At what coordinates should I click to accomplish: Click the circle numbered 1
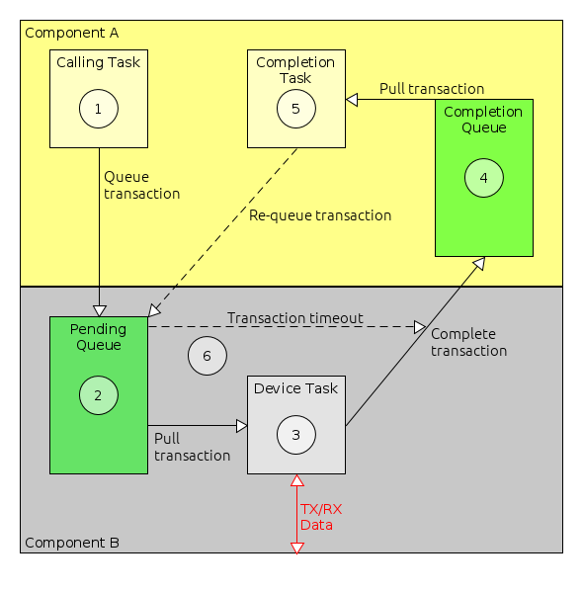pyautogui.click(x=99, y=109)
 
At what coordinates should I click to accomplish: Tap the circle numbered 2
pyautogui.click(x=98, y=395)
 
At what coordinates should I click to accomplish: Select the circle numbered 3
pyautogui.click(x=295, y=434)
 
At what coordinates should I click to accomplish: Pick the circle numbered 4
pyautogui.click(x=483, y=178)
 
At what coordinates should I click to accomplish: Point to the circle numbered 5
pyautogui.click(x=295, y=109)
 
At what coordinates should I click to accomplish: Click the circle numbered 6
pyautogui.click(x=207, y=356)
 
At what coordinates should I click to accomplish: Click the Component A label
pyautogui.click(x=71, y=33)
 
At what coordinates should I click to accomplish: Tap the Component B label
pyautogui.click(x=71, y=543)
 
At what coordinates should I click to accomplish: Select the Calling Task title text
pyautogui.click(x=98, y=62)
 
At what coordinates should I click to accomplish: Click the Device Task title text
pyautogui.click(x=295, y=388)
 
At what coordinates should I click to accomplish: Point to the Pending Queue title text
pyautogui.click(x=98, y=337)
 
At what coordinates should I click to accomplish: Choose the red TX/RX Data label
pyautogui.click(x=321, y=516)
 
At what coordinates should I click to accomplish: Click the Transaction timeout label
pyautogui.click(x=295, y=318)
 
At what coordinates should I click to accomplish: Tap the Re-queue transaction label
pyautogui.click(x=320, y=215)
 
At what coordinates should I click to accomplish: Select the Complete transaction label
pyautogui.click(x=468, y=342)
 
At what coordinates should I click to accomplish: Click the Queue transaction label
pyautogui.click(x=141, y=186)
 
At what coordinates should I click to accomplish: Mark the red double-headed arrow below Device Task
pyautogui.click(x=295, y=514)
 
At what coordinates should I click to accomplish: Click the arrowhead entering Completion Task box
pyautogui.click(x=351, y=99)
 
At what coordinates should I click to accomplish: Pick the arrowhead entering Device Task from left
pyautogui.click(x=241, y=425)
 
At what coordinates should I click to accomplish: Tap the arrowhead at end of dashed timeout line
pyautogui.click(x=419, y=326)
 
